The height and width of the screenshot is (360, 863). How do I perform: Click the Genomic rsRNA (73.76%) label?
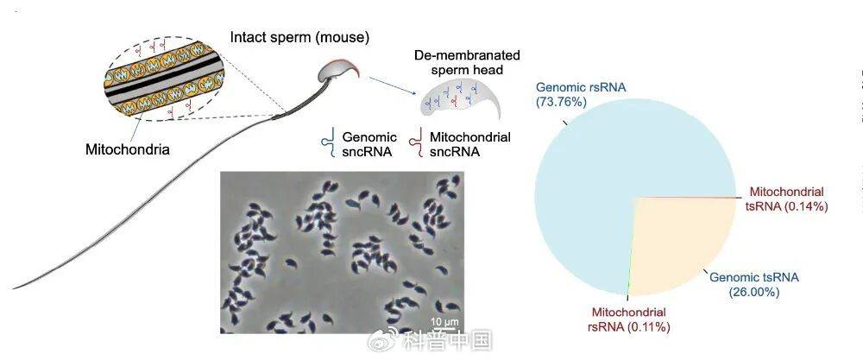581,94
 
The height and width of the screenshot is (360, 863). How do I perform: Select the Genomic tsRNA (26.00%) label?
754,285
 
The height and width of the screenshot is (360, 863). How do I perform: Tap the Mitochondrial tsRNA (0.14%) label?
790,199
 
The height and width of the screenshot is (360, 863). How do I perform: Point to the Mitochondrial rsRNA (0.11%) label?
628,319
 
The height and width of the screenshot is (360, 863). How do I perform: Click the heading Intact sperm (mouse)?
299,37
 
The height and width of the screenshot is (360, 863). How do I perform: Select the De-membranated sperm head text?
467,63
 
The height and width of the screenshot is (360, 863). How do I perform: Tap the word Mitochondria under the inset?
127,148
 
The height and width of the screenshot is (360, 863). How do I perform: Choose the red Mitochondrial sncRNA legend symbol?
418,143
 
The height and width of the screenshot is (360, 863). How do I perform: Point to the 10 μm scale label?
444,321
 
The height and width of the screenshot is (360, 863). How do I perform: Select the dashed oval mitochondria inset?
164,79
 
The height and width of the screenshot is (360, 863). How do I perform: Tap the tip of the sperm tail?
13,288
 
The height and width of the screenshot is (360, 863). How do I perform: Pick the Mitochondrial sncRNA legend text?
469,143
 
